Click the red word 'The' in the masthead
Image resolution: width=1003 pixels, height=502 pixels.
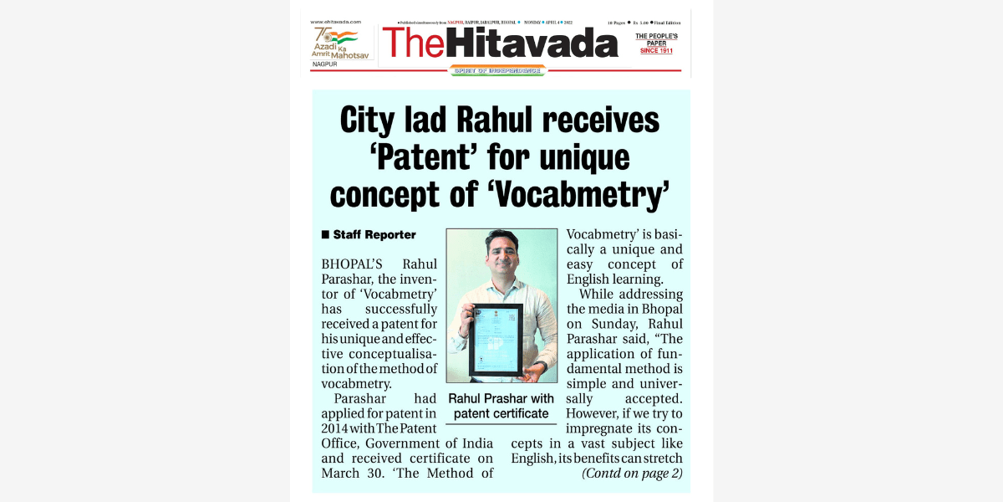(x=413, y=43)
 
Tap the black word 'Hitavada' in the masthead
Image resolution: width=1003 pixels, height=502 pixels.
(x=532, y=43)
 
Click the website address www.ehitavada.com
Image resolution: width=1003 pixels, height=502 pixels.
(x=335, y=22)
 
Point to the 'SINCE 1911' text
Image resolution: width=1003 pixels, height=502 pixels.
(x=656, y=51)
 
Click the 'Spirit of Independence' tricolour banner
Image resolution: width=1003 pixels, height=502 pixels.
(x=497, y=71)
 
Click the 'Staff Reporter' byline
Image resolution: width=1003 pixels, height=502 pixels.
(x=374, y=235)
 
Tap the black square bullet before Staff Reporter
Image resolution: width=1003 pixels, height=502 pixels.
(x=325, y=235)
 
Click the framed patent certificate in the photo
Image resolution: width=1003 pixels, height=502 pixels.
(x=495, y=340)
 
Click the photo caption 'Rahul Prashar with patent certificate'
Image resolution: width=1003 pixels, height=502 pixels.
(x=501, y=406)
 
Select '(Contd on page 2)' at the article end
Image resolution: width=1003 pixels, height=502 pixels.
(x=632, y=474)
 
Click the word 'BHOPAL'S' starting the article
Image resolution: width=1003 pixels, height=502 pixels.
(x=352, y=264)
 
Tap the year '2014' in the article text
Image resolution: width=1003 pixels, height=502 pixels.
(x=336, y=428)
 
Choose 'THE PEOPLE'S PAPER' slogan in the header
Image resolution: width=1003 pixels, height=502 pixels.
(x=656, y=39)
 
